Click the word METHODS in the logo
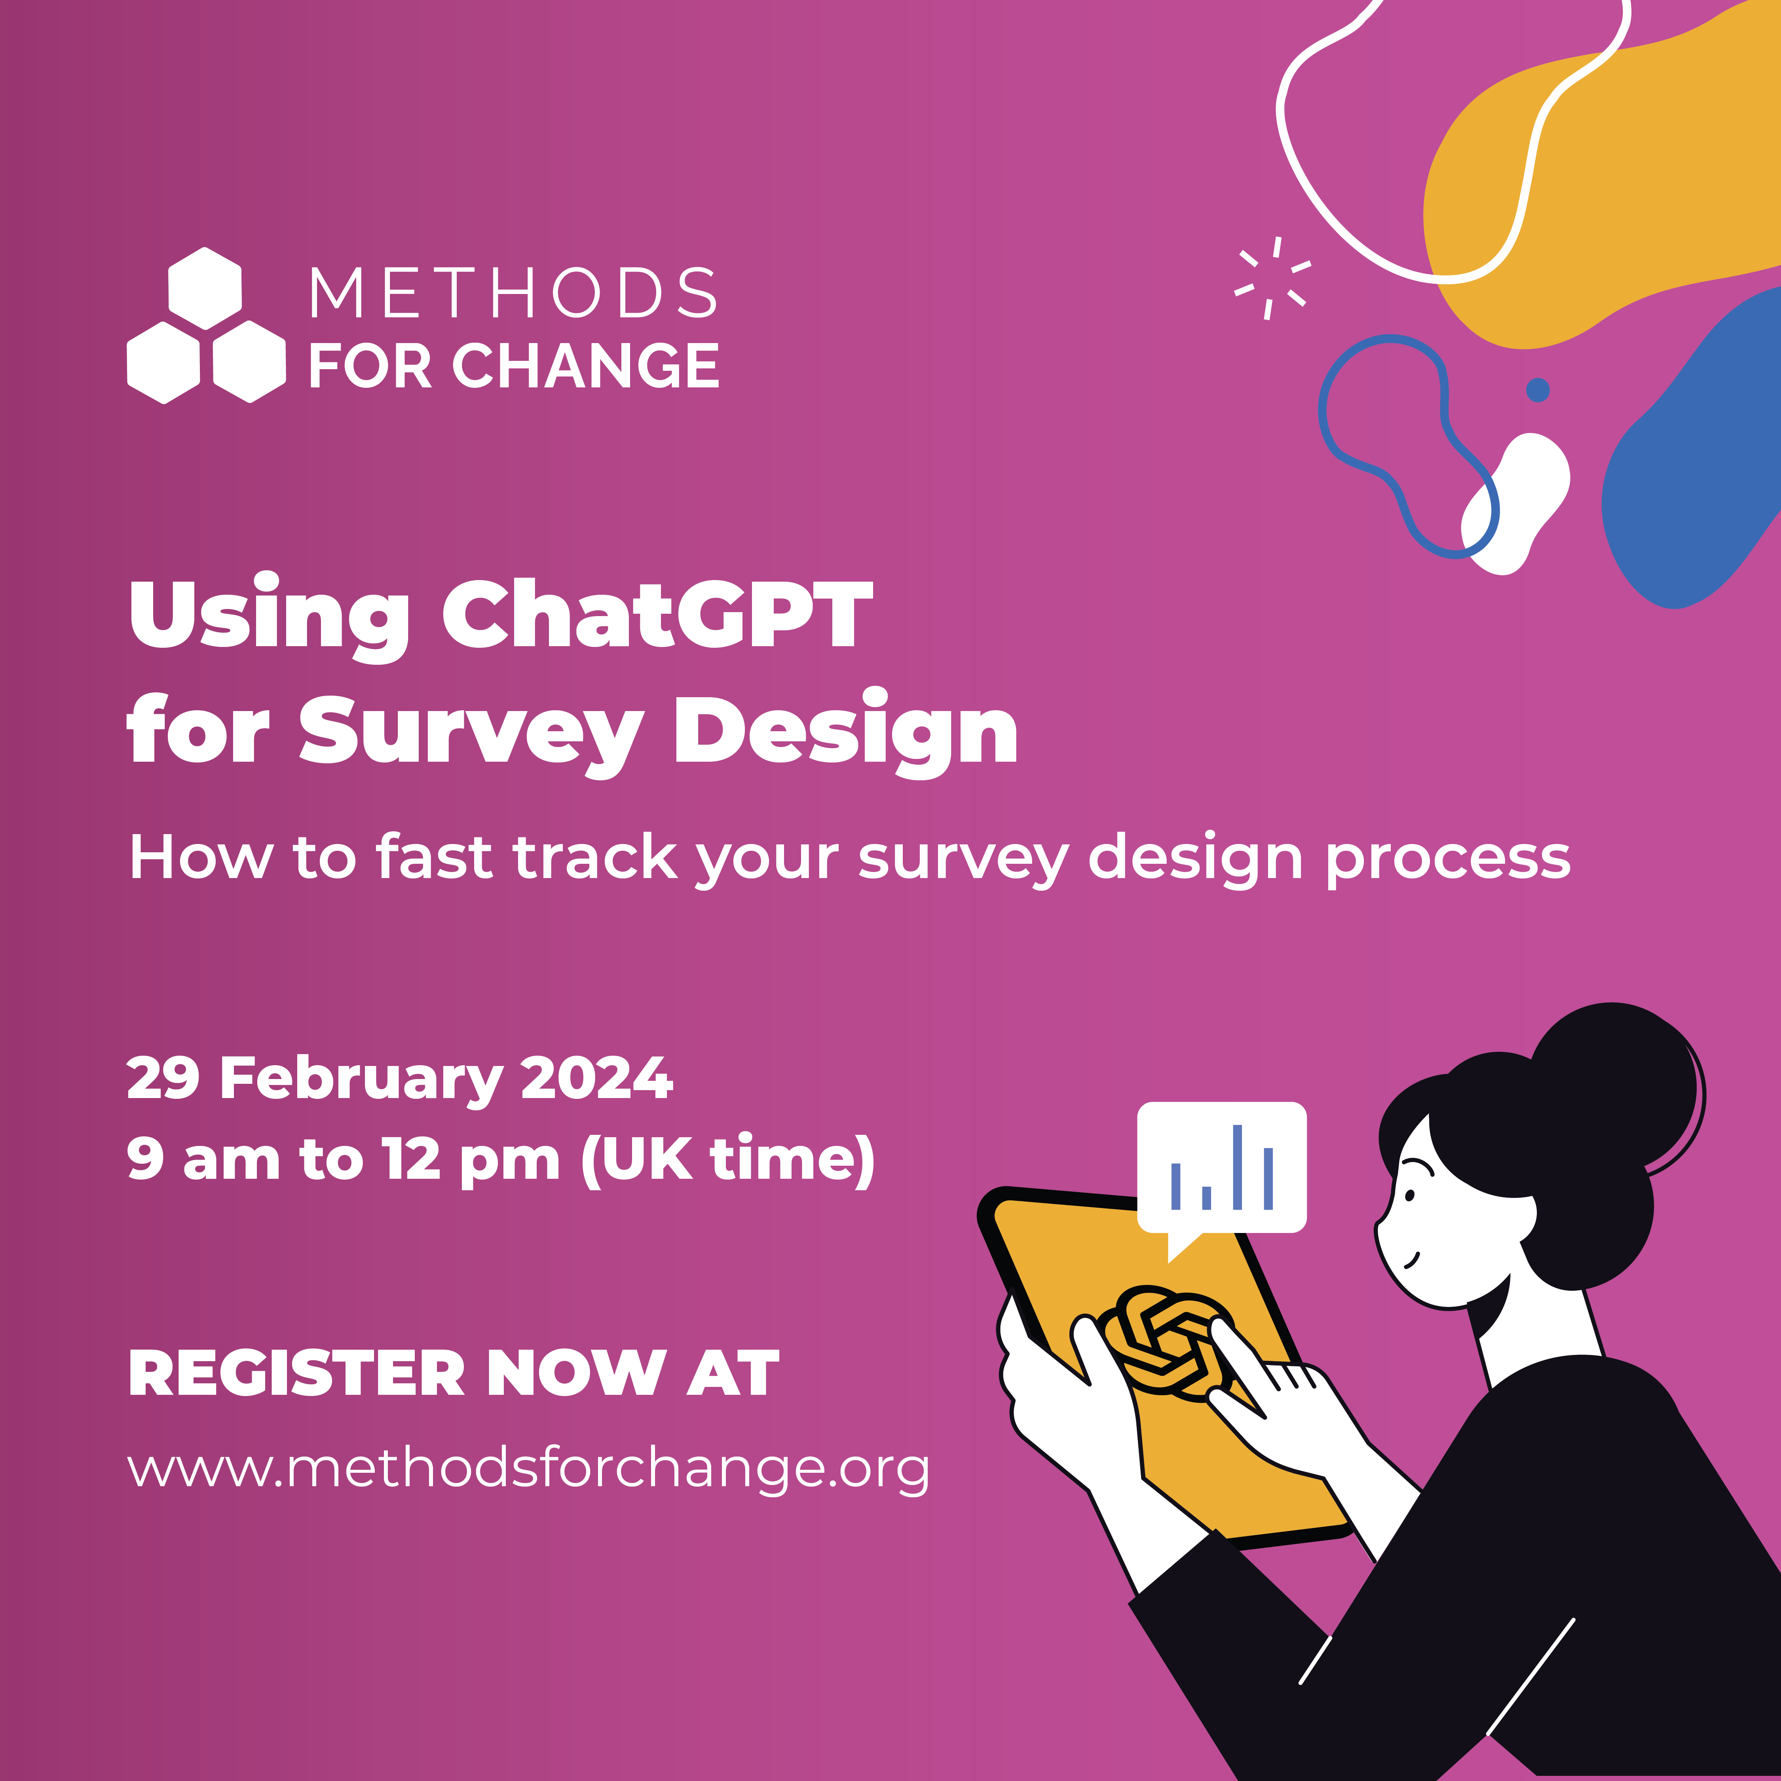point(513,293)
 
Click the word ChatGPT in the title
point(657,614)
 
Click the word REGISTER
point(297,1373)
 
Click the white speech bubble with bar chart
point(1221,1171)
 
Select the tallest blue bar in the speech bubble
point(1237,1166)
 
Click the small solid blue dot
point(1538,390)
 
